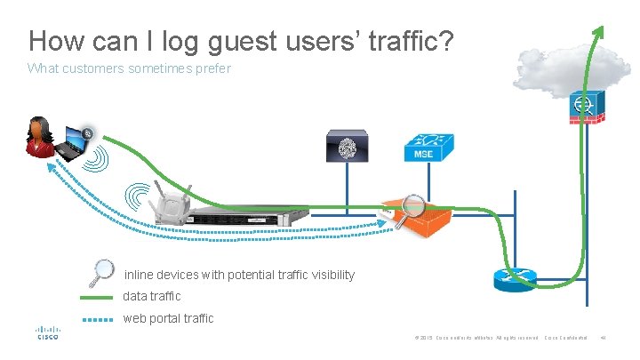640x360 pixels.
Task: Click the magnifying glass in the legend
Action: [104, 271]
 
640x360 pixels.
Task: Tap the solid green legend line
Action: [97, 297]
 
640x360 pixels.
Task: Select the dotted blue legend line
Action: [97, 318]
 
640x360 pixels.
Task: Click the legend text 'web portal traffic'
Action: [168, 318]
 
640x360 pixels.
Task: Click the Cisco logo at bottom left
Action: [47, 332]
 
